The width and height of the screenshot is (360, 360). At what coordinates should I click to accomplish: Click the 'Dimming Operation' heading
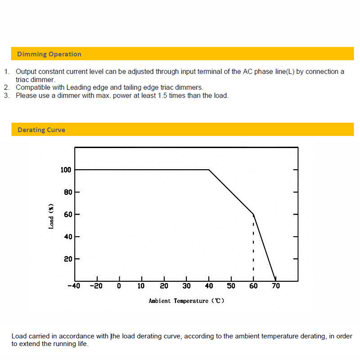click(x=49, y=54)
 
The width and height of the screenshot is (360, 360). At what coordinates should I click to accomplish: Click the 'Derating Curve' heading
click(x=41, y=130)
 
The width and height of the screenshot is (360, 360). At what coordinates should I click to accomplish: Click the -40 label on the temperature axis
click(x=73, y=286)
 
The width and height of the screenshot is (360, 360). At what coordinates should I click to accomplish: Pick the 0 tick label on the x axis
click(x=119, y=286)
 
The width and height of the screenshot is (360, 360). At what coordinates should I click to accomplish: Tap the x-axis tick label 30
click(x=186, y=286)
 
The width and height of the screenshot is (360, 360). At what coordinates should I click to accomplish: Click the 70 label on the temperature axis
click(x=276, y=286)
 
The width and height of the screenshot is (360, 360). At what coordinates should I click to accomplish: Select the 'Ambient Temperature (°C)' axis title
click(x=186, y=301)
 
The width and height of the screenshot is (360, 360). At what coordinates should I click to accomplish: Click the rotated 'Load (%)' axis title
click(x=51, y=216)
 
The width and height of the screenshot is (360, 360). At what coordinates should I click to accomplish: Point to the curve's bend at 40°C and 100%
click(x=209, y=170)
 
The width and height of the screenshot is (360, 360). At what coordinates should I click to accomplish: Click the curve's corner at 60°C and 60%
click(x=253, y=214)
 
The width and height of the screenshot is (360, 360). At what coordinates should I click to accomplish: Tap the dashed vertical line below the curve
click(x=253, y=247)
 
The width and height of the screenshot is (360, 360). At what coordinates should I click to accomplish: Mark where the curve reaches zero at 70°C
click(x=275, y=280)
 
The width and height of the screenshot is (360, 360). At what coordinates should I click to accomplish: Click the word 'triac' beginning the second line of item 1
click(x=22, y=80)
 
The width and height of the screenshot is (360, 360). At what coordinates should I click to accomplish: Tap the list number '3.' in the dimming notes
click(x=7, y=95)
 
